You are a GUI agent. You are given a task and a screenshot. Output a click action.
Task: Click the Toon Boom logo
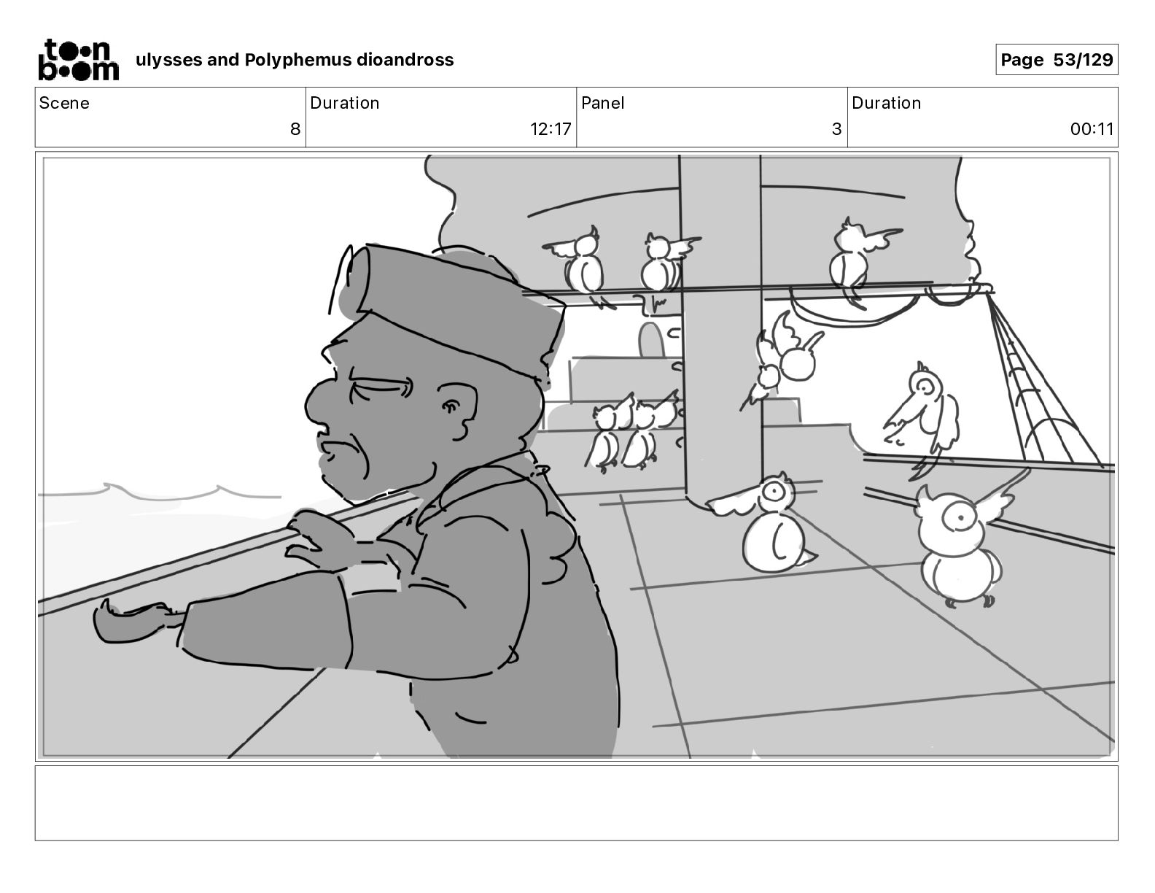(x=79, y=60)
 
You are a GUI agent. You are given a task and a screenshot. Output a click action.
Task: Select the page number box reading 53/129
(x=1057, y=60)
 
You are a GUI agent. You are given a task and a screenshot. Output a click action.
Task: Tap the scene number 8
(x=295, y=128)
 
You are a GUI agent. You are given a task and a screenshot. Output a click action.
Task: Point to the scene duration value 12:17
(x=550, y=128)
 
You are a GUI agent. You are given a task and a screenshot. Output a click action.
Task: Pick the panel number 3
(x=836, y=128)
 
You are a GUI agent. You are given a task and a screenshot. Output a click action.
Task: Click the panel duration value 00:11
(x=1092, y=128)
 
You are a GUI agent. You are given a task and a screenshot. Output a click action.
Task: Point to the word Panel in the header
(x=603, y=103)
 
